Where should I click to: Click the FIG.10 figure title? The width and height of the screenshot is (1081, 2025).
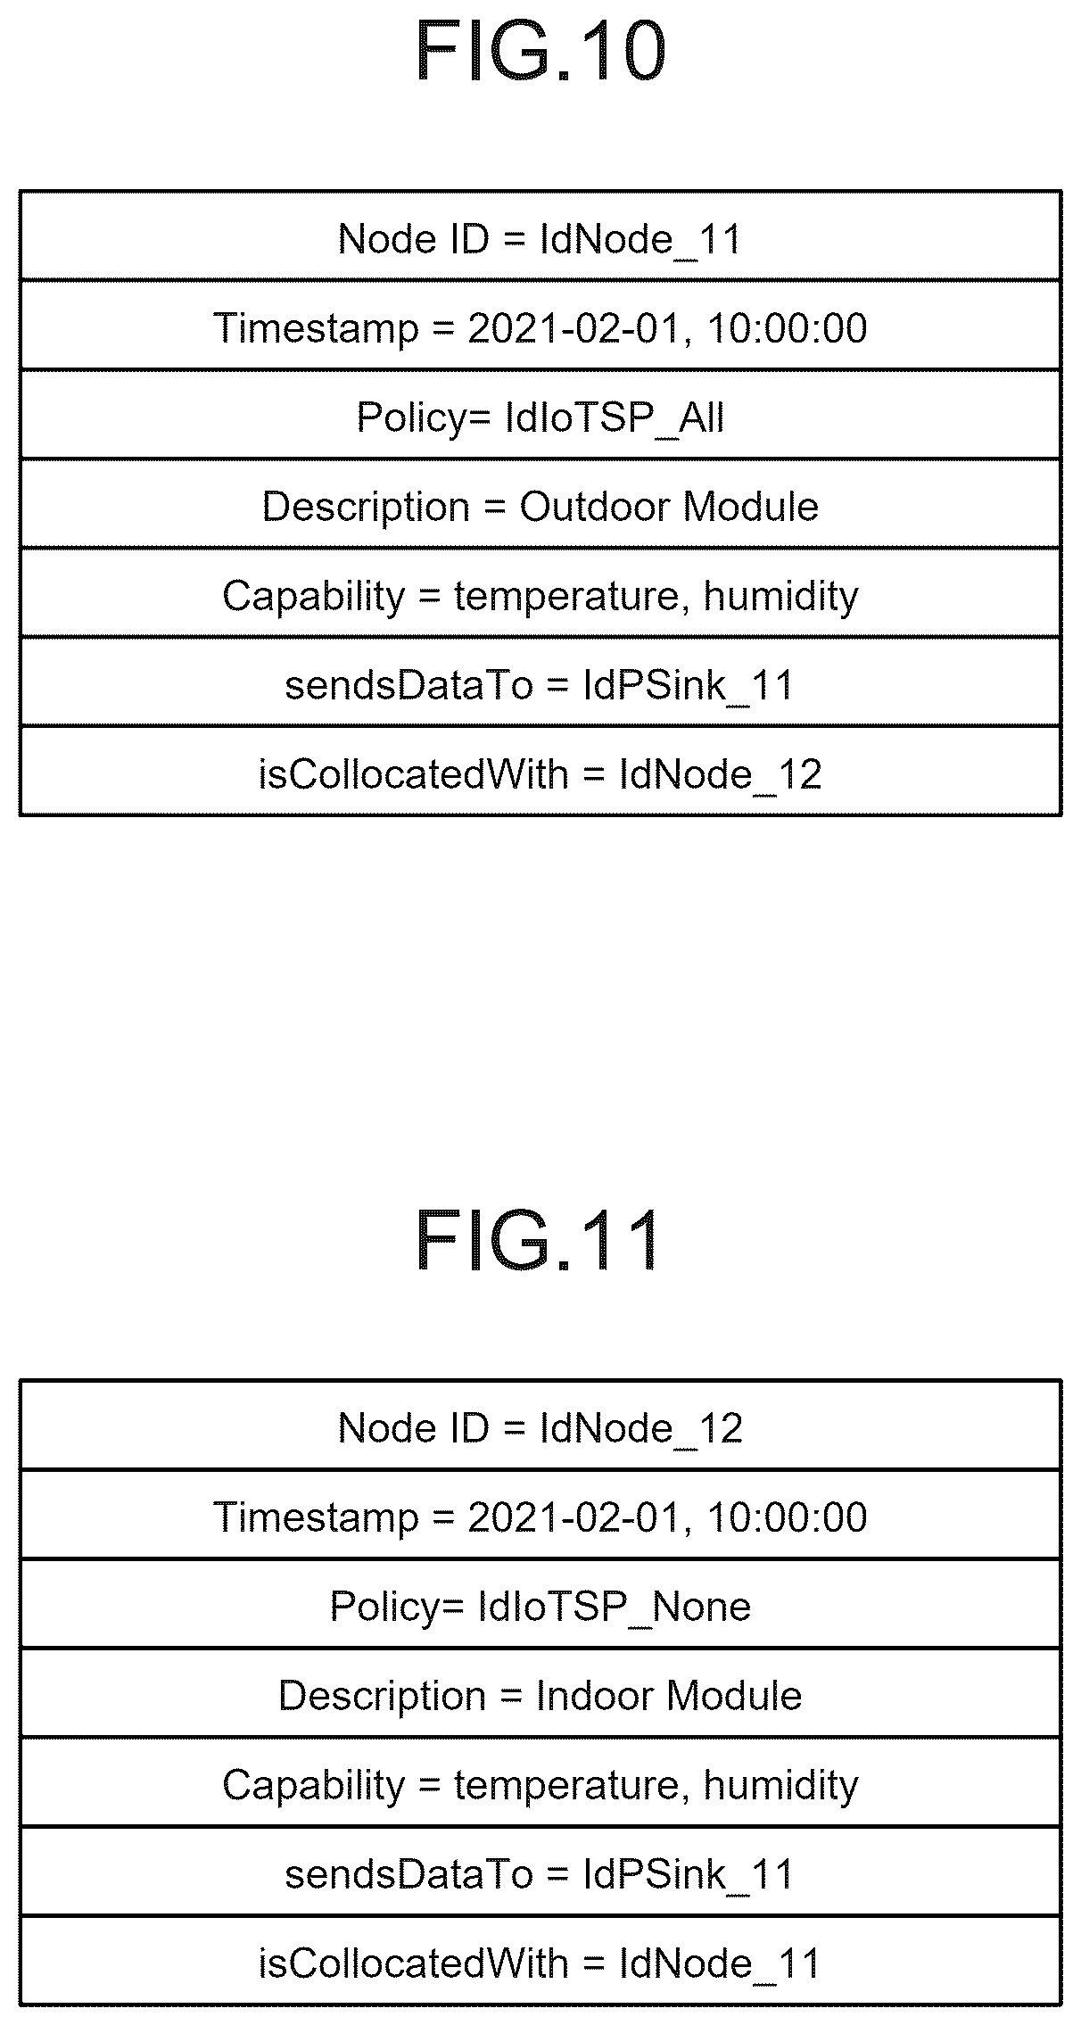point(540,52)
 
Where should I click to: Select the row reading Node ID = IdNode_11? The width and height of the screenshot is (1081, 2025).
point(540,236)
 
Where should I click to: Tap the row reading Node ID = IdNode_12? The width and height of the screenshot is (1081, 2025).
point(540,1425)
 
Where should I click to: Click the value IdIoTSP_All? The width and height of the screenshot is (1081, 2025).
point(615,417)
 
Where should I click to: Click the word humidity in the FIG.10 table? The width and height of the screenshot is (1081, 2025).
point(780,597)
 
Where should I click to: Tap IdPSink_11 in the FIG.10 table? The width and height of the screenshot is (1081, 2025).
point(688,686)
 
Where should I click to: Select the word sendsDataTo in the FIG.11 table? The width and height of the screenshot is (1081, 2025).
point(408,1874)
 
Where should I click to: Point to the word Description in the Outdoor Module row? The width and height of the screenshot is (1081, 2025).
point(366,508)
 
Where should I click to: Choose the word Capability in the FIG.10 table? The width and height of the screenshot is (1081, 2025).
point(314,597)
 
